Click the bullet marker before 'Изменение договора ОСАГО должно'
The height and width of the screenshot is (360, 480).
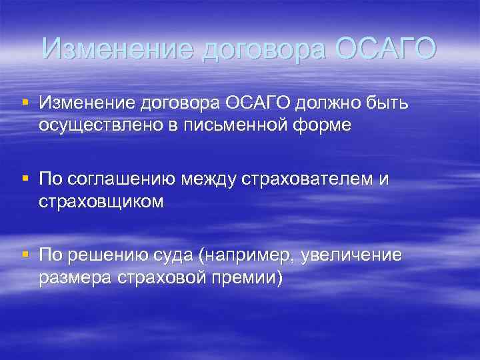(25, 102)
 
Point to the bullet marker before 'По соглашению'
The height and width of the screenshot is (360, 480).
(25, 178)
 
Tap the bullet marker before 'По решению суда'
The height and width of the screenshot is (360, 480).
(25, 254)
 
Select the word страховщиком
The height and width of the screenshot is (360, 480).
(101, 201)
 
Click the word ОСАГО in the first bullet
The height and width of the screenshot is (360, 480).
(257, 104)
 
